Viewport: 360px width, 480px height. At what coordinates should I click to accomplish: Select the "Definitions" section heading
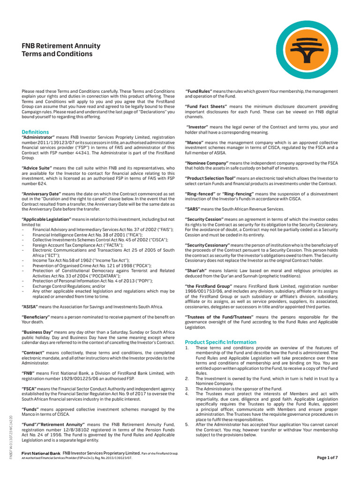(35, 132)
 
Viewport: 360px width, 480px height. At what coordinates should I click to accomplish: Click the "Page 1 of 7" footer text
(331, 457)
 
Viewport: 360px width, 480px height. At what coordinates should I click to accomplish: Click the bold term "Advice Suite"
(38, 168)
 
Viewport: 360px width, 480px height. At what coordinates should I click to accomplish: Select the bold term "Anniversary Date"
(42, 194)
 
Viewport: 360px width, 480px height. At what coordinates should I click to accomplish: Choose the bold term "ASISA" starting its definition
(30, 307)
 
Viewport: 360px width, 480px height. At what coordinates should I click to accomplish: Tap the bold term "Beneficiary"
(37, 318)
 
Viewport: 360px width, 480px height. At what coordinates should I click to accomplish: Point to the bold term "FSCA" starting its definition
(29, 389)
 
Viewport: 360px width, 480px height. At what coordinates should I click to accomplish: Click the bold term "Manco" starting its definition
(194, 142)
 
